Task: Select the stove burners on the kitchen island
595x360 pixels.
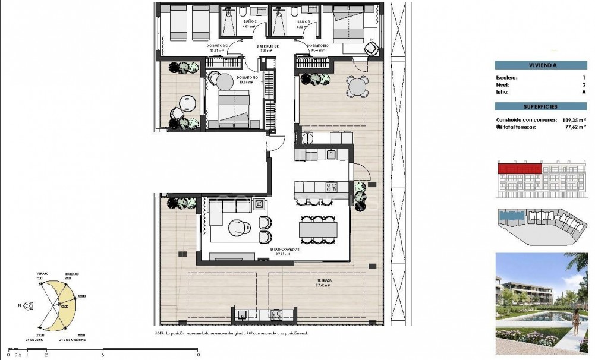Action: click(330, 187)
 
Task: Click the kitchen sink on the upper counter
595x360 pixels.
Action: click(330, 154)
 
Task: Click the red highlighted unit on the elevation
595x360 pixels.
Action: click(520, 169)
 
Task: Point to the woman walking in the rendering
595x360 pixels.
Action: click(575, 322)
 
